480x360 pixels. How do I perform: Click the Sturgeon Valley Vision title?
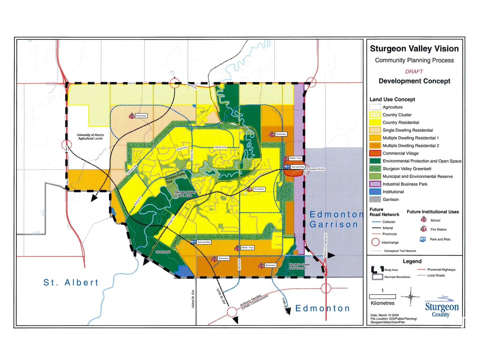(x=414, y=49)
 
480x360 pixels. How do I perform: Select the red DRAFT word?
(x=414, y=71)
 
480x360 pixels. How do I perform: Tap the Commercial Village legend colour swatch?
(x=375, y=153)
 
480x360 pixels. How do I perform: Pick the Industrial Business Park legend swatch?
(x=375, y=184)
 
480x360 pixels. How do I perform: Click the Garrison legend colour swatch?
(x=375, y=199)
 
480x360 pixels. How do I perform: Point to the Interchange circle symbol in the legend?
(x=375, y=242)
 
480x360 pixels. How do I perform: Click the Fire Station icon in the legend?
(x=423, y=229)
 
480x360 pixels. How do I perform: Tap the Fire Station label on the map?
(x=259, y=189)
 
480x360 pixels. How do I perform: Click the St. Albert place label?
(x=71, y=283)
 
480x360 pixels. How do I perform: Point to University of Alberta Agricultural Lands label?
(x=90, y=137)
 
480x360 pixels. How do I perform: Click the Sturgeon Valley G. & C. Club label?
(x=185, y=194)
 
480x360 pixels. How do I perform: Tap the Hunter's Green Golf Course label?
(x=299, y=266)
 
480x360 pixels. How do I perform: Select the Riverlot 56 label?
(x=163, y=252)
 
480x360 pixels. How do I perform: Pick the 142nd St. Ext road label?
(x=193, y=299)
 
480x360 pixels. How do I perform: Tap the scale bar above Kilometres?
(x=382, y=297)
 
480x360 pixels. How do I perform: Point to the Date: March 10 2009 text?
(x=384, y=315)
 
